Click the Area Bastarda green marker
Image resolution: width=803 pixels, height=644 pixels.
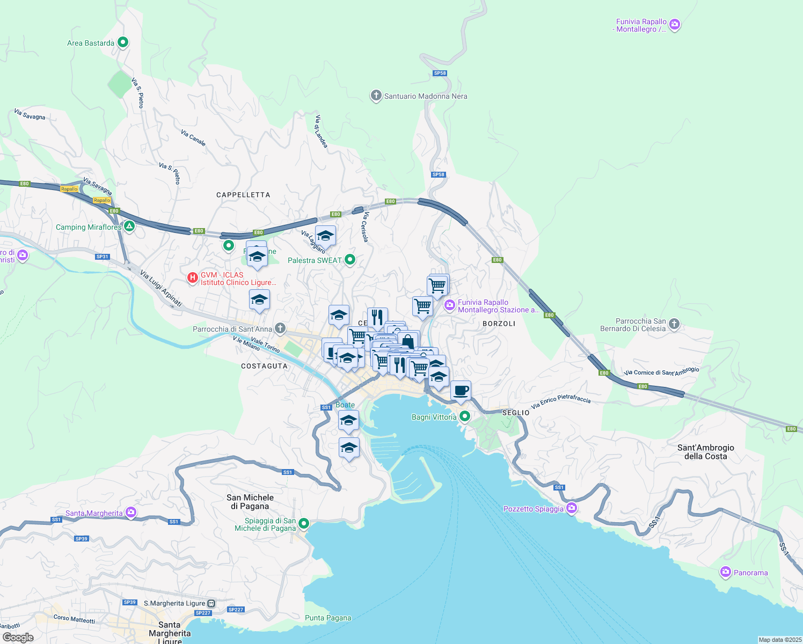(x=123, y=42)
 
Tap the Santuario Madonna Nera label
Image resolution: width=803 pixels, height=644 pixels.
(x=425, y=97)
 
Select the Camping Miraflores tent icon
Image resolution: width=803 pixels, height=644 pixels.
(x=129, y=227)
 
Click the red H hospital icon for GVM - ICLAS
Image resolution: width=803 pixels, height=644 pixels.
(x=192, y=278)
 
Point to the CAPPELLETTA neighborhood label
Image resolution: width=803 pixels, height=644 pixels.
(x=243, y=195)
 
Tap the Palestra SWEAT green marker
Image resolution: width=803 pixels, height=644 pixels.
(x=350, y=260)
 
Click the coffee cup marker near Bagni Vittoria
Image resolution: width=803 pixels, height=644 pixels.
(x=461, y=391)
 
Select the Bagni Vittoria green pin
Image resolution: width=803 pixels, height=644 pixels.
(x=465, y=416)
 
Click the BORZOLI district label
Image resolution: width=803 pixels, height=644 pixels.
(x=499, y=324)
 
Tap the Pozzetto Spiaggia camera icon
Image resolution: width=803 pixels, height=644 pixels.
(x=572, y=508)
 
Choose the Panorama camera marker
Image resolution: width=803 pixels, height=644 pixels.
(x=726, y=572)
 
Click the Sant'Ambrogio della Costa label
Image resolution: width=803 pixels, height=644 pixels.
(x=705, y=452)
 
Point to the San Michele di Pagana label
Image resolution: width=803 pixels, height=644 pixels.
(x=250, y=502)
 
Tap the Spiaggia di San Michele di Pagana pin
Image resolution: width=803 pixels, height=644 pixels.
(x=304, y=523)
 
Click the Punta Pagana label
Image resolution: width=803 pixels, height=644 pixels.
(x=328, y=618)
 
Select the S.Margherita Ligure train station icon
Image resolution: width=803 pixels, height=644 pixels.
(x=211, y=603)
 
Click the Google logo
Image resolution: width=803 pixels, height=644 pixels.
(x=18, y=637)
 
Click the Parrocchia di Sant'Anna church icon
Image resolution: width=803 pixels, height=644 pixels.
(x=280, y=328)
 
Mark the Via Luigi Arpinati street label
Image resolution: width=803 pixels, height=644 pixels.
(x=160, y=289)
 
